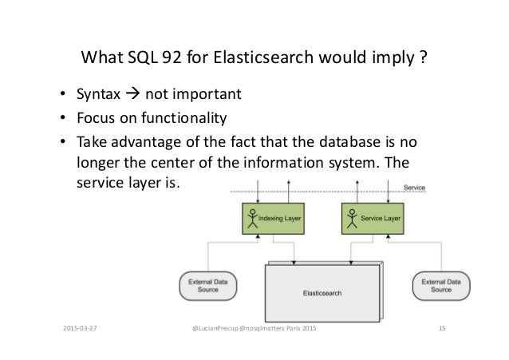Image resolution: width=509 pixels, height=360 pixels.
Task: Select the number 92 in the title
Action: point(166,60)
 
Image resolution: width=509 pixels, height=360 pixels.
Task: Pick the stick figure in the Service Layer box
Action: point(352,219)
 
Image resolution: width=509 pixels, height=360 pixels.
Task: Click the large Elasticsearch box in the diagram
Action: point(322,293)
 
